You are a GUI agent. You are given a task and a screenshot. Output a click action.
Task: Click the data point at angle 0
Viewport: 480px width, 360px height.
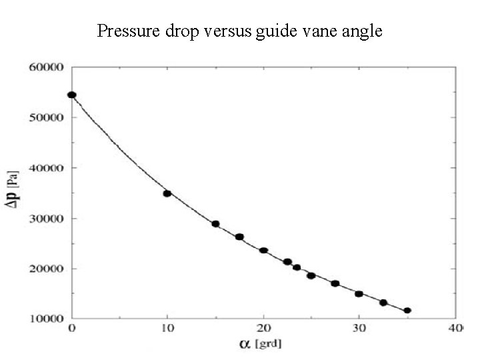pyautogui.click(x=72, y=95)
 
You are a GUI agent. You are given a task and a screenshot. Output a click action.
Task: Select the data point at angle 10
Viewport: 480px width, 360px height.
pyautogui.click(x=167, y=193)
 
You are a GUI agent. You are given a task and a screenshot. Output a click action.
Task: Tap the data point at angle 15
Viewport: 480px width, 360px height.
pyautogui.click(x=215, y=224)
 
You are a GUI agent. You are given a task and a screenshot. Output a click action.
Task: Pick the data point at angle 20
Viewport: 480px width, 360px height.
pyautogui.click(x=263, y=251)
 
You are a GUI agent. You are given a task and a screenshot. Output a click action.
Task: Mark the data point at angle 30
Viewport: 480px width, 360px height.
pyautogui.click(x=359, y=294)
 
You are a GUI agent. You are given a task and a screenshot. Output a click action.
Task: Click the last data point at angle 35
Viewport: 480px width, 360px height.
pyautogui.click(x=407, y=310)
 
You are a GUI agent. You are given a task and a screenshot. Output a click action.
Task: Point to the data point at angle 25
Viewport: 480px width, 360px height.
pyautogui.click(x=311, y=275)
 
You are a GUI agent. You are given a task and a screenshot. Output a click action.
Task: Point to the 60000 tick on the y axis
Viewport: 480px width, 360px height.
pyautogui.click(x=46, y=67)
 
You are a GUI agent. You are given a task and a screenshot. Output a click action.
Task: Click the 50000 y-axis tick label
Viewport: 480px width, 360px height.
pyautogui.click(x=46, y=117)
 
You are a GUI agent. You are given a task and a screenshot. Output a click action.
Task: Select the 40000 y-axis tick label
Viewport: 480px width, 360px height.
pyautogui.click(x=46, y=168)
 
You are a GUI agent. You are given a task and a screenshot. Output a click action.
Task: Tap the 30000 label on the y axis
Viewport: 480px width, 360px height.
pyautogui.click(x=46, y=219)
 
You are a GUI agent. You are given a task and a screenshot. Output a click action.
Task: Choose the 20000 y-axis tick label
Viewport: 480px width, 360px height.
pyautogui.click(x=46, y=269)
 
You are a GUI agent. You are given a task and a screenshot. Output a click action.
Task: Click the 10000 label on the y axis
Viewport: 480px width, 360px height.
pyautogui.click(x=46, y=319)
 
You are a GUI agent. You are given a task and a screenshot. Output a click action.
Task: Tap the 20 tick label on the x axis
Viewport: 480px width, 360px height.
pyautogui.click(x=263, y=329)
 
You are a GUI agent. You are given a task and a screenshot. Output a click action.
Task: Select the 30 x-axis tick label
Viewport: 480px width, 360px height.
pyautogui.click(x=359, y=329)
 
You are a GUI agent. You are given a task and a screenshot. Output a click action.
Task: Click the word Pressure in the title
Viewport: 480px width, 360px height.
pyautogui.click(x=123, y=31)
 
